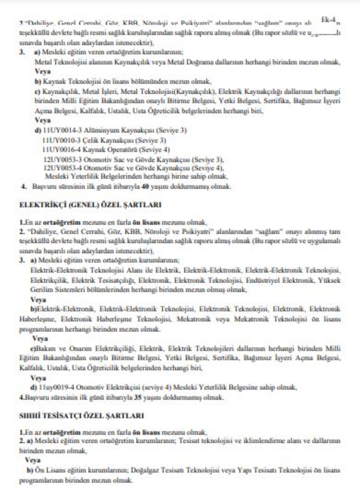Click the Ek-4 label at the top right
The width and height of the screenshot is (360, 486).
328,20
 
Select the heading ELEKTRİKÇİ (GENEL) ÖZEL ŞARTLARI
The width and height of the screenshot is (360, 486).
90,205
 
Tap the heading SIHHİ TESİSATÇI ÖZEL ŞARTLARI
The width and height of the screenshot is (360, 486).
82,416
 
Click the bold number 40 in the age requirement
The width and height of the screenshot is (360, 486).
145,186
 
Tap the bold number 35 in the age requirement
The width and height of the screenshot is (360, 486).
138,397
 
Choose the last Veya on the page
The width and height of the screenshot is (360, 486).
33,460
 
